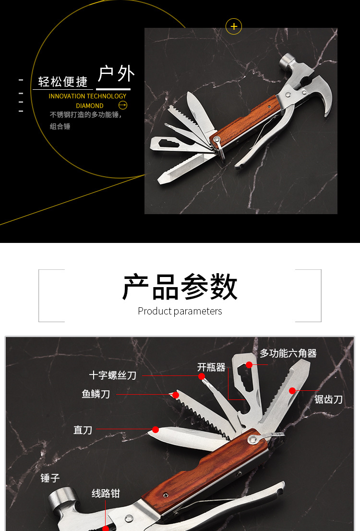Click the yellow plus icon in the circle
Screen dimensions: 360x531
234,26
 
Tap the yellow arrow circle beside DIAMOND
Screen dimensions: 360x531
123,105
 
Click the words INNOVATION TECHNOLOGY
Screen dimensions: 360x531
87,96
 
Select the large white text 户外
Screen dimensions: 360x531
116,74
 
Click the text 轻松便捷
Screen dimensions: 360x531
63,82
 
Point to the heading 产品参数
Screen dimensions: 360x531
180,287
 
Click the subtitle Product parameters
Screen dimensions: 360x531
180,311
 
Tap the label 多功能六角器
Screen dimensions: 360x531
288,353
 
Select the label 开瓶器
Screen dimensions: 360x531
211,367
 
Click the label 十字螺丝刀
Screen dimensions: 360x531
113,375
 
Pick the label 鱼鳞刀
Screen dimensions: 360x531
96,394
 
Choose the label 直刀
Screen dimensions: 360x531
83,430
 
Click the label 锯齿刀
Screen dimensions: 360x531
328,399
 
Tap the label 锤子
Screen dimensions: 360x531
50,478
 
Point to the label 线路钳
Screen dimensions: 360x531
106,494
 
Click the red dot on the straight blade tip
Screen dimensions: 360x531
156,429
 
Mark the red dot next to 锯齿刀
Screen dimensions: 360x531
292,391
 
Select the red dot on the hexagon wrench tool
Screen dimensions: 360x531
249,365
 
